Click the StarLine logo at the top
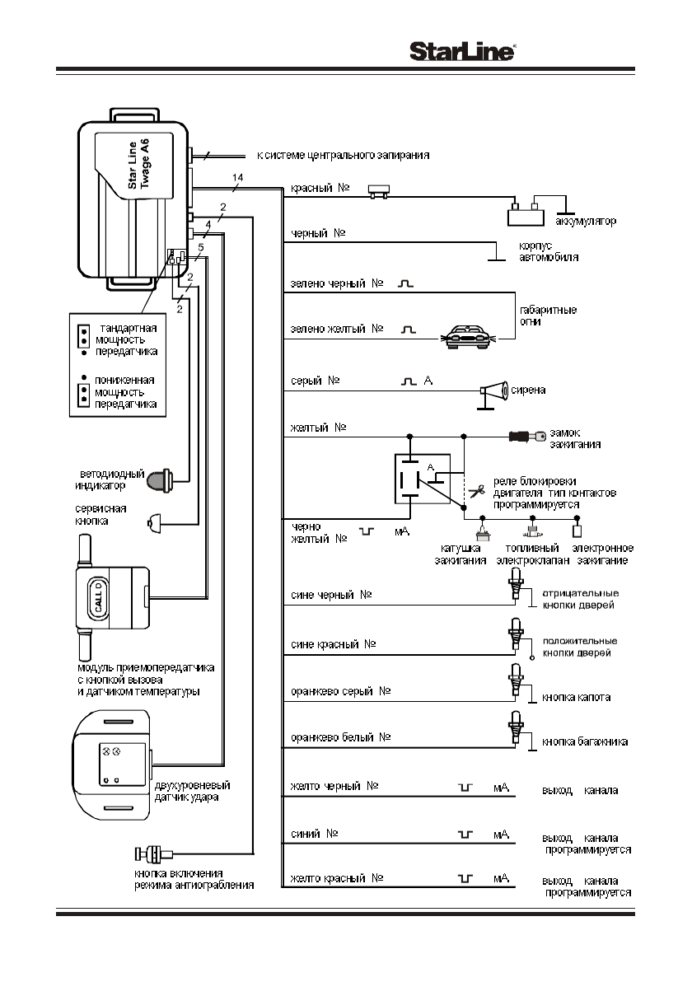(463, 52)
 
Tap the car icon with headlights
(467, 336)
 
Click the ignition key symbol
(527, 437)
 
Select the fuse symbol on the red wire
(380, 190)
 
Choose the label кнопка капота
(576, 697)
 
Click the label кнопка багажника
(585, 741)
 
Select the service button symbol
(153, 521)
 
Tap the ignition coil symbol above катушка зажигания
(484, 533)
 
